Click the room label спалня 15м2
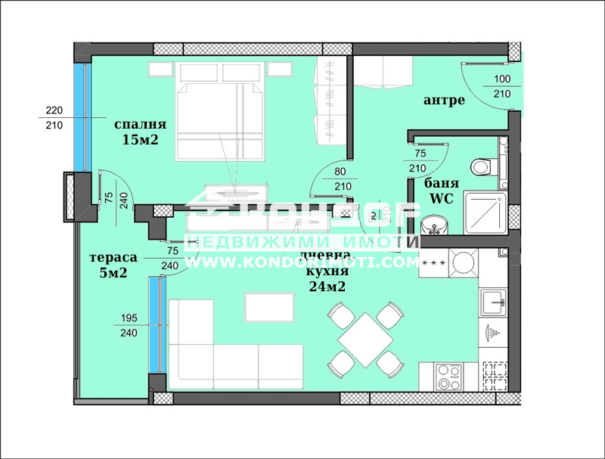[140, 132]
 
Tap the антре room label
[444, 101]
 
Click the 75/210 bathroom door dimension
[417, 160]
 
